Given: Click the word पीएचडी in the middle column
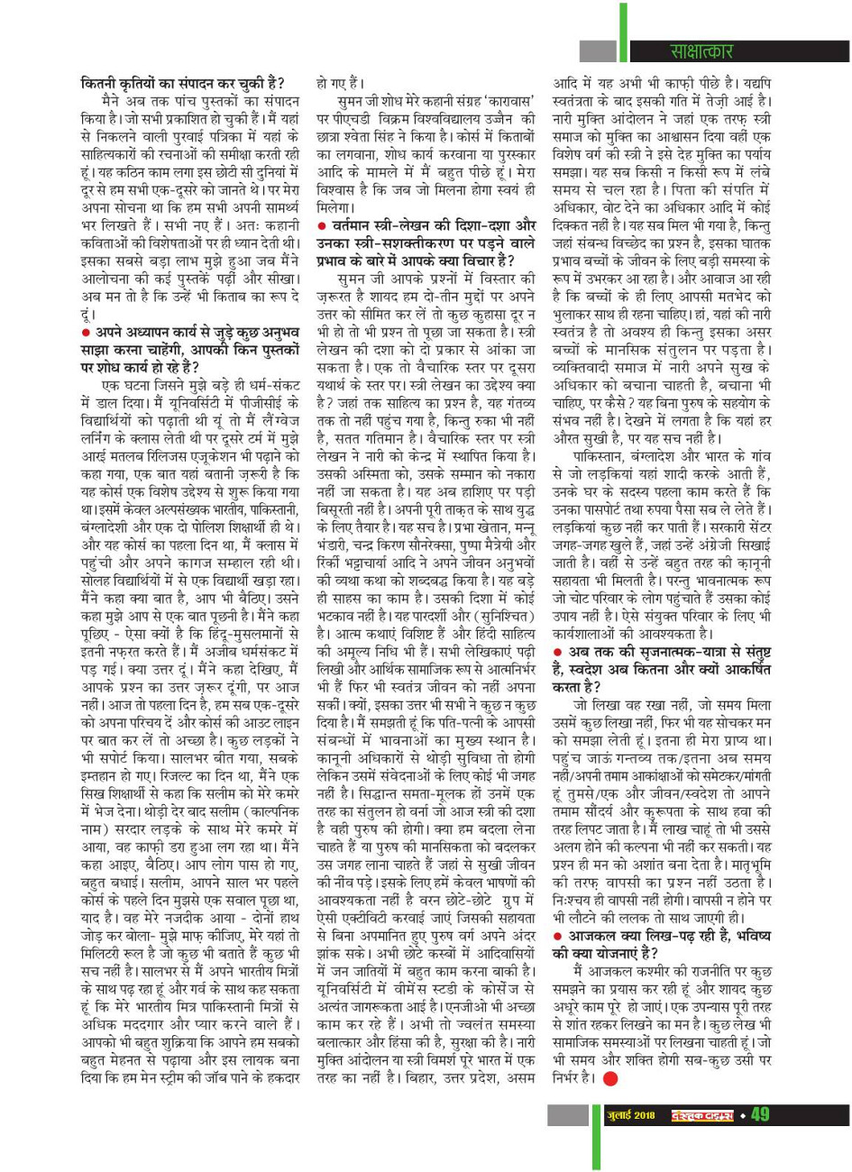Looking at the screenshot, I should [x=350, y=119].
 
